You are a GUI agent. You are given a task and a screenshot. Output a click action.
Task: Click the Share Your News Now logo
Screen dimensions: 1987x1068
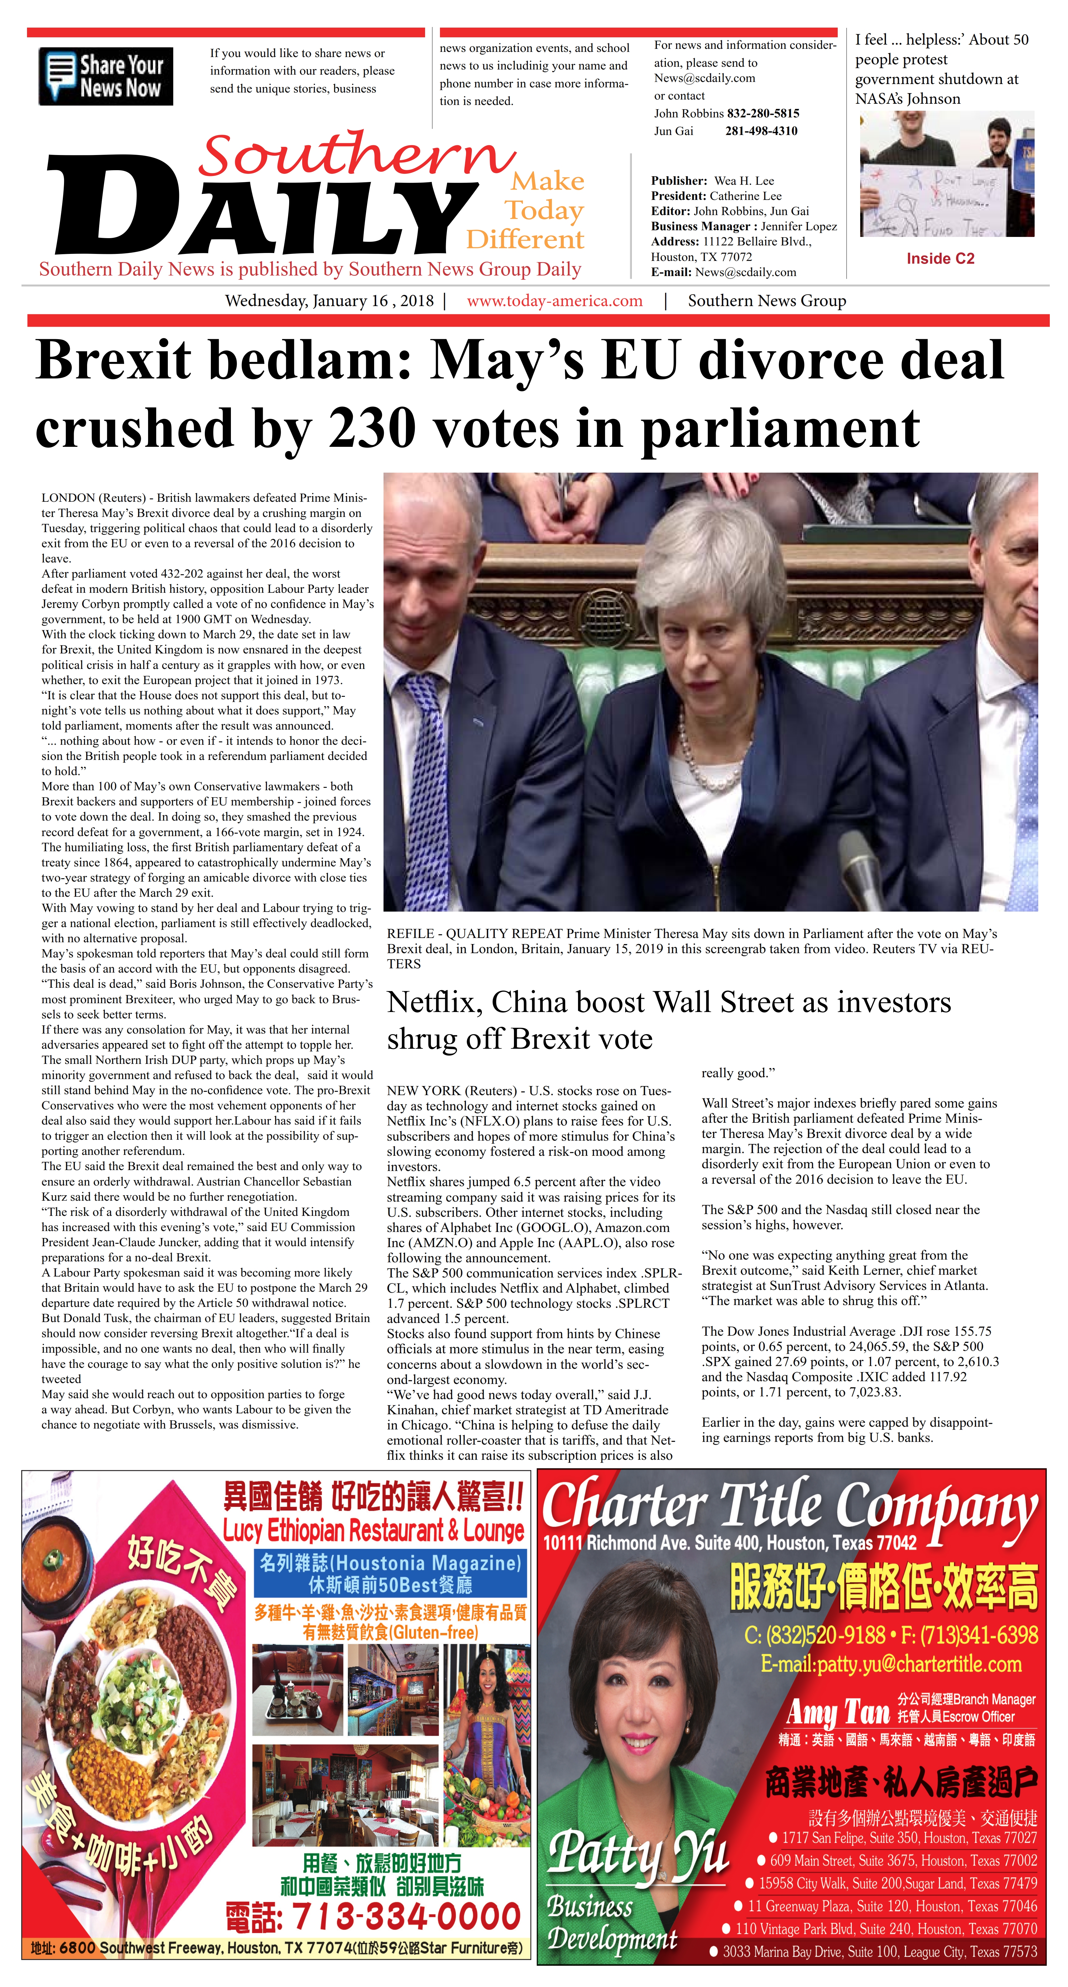coord(106,76)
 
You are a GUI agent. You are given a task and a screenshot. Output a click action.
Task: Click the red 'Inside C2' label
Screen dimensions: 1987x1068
coord(940,258)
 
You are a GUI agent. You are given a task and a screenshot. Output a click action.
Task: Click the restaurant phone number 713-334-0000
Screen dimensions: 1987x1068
coord(373,1916)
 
